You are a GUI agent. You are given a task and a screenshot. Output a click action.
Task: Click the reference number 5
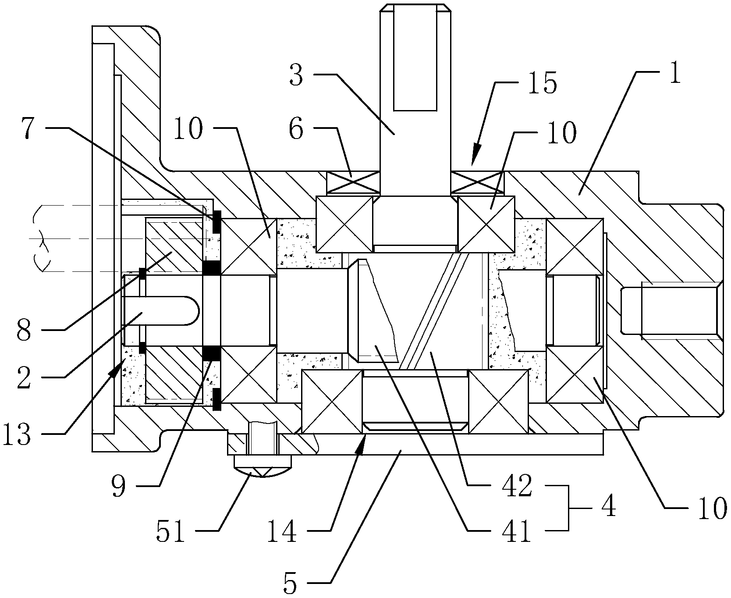(290, 580)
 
